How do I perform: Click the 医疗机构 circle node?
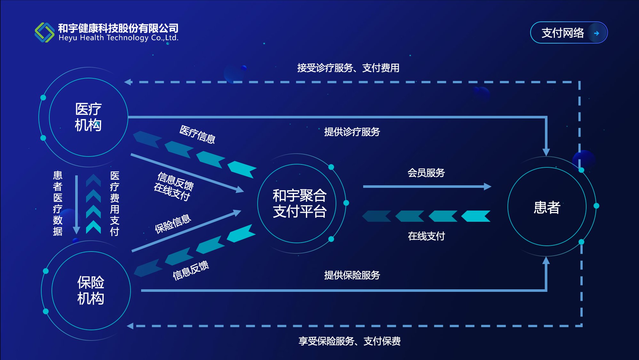click(88, 117)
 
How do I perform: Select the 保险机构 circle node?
click(91, 291)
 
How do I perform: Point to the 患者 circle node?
click(547, 207)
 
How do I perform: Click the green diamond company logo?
click(44, 32)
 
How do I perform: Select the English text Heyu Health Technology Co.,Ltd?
click(118, 38)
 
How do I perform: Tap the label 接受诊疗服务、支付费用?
click(348, 68)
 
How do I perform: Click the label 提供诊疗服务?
click(352, 132)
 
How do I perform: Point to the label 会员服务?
click(426, 173)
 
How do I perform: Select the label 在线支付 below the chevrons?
click(426, 236)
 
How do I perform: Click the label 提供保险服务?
click(352, 275)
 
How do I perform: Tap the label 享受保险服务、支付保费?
click(349, 341)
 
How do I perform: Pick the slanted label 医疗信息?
click(197, 134)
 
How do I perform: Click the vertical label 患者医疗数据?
click(58, 203)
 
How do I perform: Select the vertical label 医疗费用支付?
click(115, 203)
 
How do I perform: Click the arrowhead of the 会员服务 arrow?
click(488, 187)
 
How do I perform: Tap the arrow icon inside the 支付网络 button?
click(596, 33)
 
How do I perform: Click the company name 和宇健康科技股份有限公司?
click(118, 28)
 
